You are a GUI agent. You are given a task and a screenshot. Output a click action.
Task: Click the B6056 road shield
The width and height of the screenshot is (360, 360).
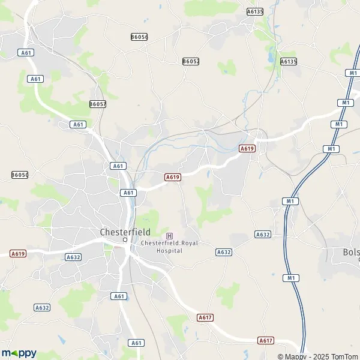(139, 37)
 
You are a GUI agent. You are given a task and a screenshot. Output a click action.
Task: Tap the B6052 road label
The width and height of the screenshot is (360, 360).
(190, 61)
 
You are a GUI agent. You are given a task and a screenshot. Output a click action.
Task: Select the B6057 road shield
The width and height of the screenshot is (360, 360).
(98, 104)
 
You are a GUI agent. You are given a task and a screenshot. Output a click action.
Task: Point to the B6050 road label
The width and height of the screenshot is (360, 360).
(20, 175)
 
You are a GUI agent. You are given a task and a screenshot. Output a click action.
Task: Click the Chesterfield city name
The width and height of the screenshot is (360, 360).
(125, 231)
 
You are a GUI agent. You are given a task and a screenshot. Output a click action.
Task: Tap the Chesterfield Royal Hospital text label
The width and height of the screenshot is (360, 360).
(169, 246)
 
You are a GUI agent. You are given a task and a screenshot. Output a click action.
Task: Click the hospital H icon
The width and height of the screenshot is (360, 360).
(169, 236)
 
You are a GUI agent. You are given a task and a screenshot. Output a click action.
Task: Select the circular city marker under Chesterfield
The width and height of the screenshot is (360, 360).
(125, 239)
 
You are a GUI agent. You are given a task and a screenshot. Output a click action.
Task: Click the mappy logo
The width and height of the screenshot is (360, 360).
(19, 353)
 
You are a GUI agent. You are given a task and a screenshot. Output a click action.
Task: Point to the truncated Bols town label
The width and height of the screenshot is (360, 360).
(350, 252)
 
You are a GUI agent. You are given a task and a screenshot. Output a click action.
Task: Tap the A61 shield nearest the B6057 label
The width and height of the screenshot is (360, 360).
(77, 124)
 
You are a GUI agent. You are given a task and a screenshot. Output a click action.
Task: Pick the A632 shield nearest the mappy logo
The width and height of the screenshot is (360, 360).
(42, 308)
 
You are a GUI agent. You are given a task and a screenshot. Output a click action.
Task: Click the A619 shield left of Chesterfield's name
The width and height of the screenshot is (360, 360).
(18, 254)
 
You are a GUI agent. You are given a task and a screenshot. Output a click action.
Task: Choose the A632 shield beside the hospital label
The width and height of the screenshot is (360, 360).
(224, 253)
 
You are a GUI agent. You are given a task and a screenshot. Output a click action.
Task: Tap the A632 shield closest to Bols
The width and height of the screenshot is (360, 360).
(262, 234)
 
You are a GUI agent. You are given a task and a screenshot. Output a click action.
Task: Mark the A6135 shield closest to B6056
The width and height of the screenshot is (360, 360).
(255, 11)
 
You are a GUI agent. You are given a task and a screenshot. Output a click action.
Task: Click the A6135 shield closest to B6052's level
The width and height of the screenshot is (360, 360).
(289, 61)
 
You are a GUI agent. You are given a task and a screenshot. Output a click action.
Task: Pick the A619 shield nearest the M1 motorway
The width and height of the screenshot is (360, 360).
(247, 148)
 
